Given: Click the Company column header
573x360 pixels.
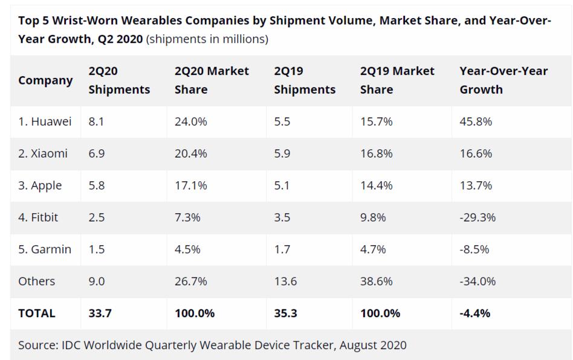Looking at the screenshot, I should click(45, 80).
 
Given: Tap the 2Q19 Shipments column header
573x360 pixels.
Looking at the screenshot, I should click(304, 80).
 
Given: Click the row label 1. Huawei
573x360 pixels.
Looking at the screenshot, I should click(45, 121).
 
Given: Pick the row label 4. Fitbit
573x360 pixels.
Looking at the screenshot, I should click(38, 217).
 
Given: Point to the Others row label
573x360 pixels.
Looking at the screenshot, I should click(36, 281).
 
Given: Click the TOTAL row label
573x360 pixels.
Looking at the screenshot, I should click(36, 313).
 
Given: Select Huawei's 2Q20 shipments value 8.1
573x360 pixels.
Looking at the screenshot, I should click(96, 121).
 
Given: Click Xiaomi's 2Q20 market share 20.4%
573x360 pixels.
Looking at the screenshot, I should click(190, 153).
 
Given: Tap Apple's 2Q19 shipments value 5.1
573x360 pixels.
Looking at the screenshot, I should click(282, 185).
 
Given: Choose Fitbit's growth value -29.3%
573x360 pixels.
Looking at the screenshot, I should click(477, 217).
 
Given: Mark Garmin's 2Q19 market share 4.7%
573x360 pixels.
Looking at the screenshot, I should click(373, 249).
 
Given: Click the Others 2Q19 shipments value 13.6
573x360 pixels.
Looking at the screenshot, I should click(285, 281).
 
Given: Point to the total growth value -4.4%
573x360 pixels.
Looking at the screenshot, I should click(474, 313).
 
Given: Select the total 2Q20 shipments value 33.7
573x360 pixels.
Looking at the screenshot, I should click(100, 313).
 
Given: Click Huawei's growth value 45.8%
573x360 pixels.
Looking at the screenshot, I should click(476, 121).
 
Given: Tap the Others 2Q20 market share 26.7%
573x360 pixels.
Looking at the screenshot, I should click(190, 281).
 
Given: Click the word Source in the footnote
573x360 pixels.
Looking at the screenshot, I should click(37, 346).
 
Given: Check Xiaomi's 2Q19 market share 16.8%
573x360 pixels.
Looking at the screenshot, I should click(376, 153).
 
